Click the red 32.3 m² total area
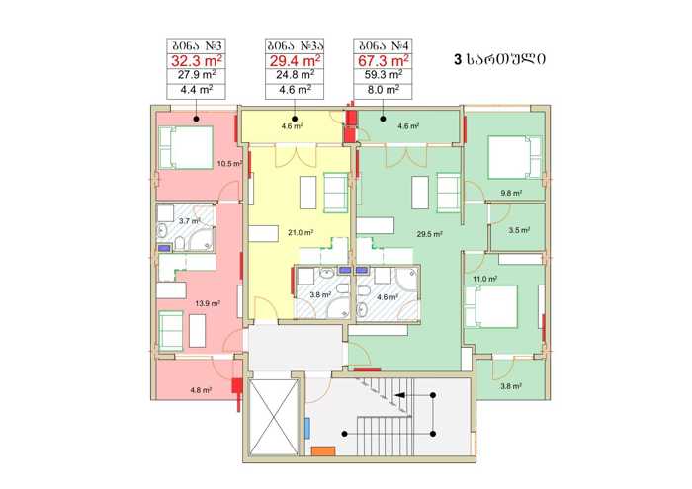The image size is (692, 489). coord(197,60)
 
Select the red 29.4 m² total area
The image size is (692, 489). coord(295,60)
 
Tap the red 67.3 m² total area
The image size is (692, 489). coord(384,60)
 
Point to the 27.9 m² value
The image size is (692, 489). coord(197,75)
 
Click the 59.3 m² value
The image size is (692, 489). coord(384,75)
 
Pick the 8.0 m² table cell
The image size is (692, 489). coord(384,90)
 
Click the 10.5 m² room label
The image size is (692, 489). coord(229,164)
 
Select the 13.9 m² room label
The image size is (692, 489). coord(208,303)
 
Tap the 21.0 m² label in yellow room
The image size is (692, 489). coord(301,232)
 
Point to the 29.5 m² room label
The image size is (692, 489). coord(429,234)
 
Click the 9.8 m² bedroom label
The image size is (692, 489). coord(511,193)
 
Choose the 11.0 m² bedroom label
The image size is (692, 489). coord(485,279)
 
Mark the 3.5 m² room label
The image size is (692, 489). coord(519,230)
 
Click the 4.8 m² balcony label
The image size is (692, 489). coord(201,390)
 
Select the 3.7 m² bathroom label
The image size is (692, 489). coord(190,220)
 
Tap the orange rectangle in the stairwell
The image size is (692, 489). coord(323,451)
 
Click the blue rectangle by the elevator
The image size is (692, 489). coord(307,428)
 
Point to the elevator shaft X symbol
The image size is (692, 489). coord(274,417)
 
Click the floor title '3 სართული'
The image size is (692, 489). coord(499,59)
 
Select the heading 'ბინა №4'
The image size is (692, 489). coord(384,45)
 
